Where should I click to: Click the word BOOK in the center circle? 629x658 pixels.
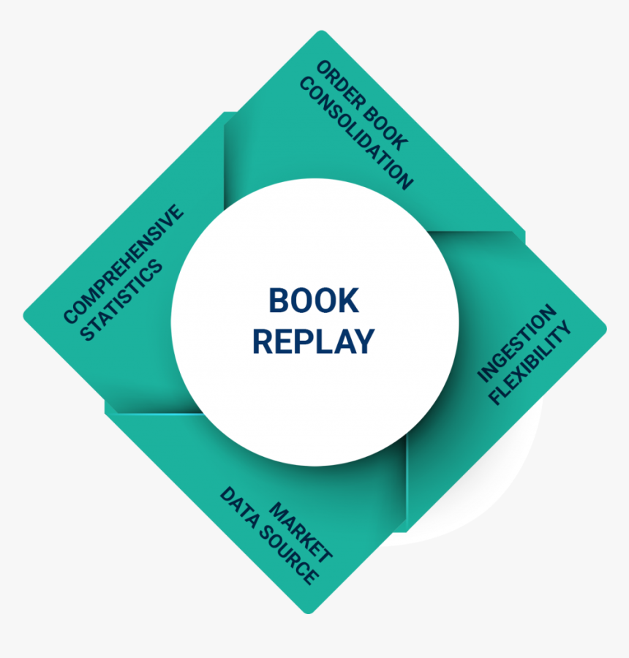coord(314,301)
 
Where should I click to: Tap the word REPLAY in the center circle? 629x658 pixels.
coord(314,341)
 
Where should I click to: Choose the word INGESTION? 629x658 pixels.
coord(516,344)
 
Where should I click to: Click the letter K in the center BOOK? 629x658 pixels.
coord(349,301)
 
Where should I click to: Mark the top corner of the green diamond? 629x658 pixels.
coord(320,32)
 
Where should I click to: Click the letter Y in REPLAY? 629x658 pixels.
coord(364,341)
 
